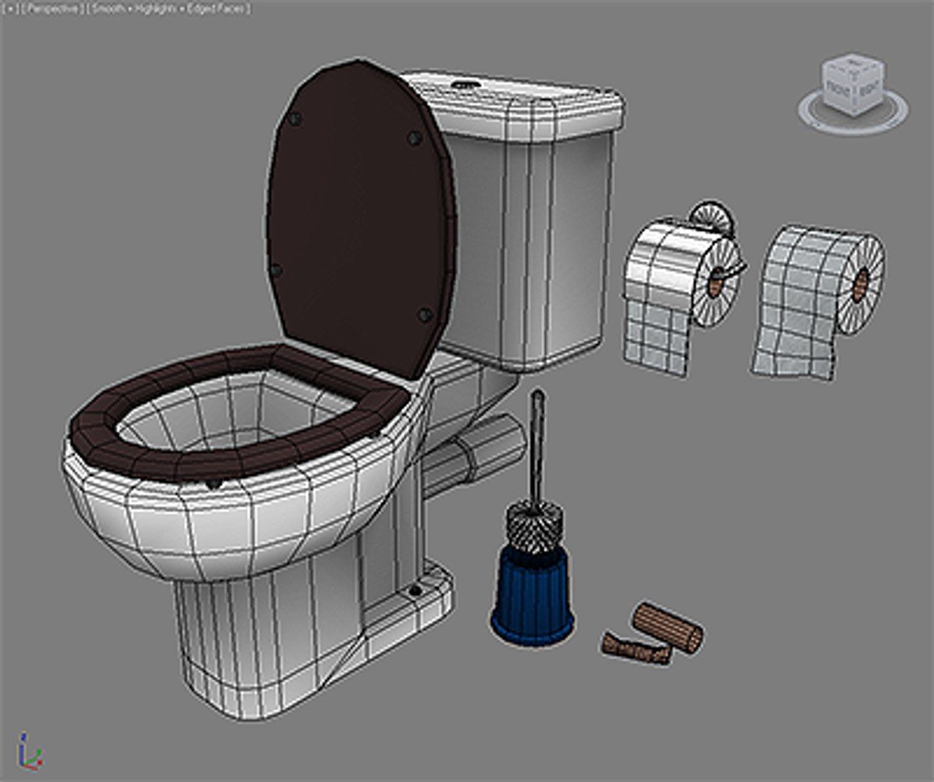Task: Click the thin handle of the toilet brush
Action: point(537,449)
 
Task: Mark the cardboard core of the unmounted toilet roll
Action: point(862,285)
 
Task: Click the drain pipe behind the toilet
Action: point(478,453)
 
